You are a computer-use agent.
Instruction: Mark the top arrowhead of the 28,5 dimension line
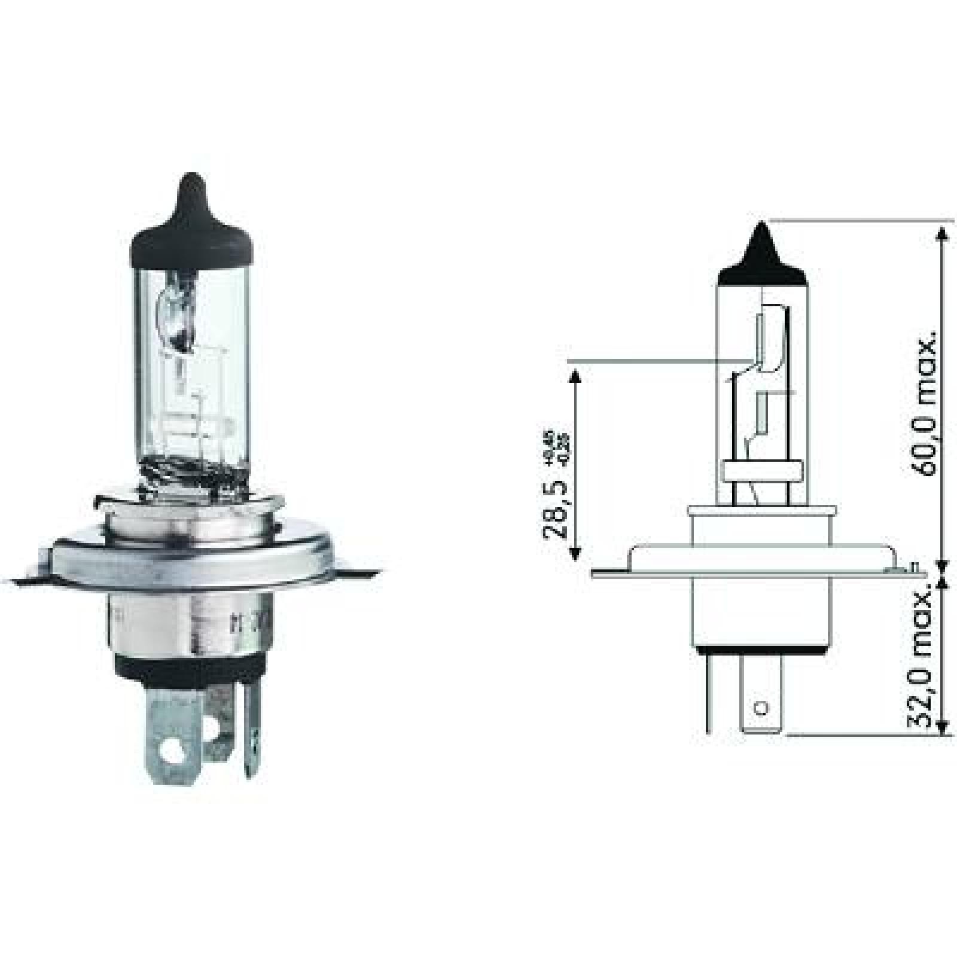coord(575,374)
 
